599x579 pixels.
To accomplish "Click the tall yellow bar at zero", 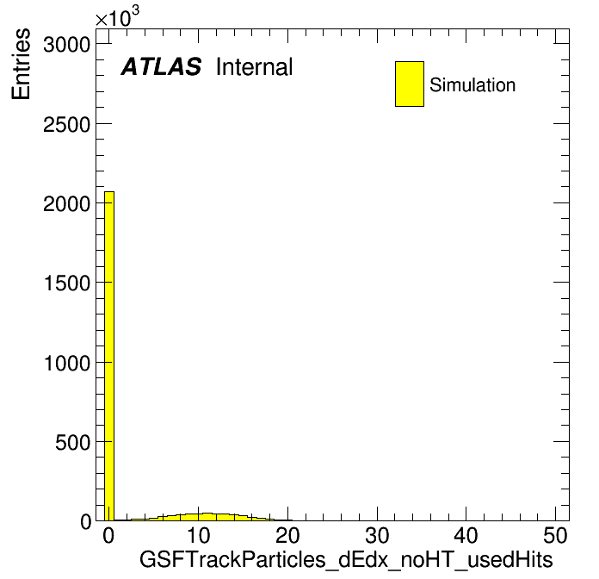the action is [x=109, y=356].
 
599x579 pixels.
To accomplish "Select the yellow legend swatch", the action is [x=410, y=84].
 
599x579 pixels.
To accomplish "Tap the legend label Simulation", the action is [x=472, y=85].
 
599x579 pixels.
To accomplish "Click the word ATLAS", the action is [x=161, y=66].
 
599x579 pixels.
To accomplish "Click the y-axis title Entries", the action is [x=21, y=64].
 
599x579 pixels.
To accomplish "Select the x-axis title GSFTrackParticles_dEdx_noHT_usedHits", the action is [x=346, y=559].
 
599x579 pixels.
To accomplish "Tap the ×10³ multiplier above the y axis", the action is [x=117, y=16].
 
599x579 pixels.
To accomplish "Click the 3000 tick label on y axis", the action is [x=66, y=44].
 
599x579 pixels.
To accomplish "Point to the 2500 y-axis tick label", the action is [x=66, y=124].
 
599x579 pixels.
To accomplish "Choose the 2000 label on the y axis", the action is [x=66, y=203].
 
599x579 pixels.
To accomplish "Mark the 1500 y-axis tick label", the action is [x=67, y=283].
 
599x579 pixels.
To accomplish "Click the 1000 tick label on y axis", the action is [x=67, y=363].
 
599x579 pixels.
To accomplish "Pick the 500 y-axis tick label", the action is [x=72, y=442].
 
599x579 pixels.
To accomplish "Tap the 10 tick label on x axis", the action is [x=198, y=536].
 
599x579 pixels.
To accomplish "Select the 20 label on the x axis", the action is [x=287, y=536].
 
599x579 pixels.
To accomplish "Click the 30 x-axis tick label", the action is [x=377, y=536].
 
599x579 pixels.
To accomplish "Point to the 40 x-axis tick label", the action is [x=466, y=536].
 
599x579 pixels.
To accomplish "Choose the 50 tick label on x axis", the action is [x=555, y=536].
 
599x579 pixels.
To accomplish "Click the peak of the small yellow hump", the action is [x=207, y=514].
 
